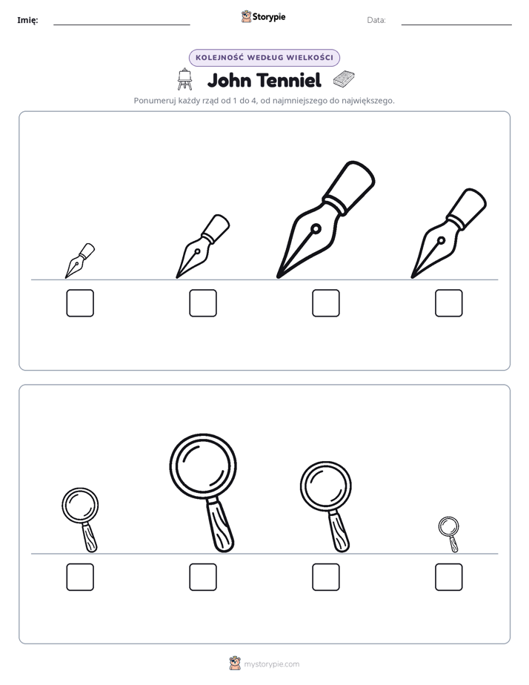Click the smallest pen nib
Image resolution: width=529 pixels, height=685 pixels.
[79, 261]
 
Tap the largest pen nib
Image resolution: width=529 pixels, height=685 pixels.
[325, 219]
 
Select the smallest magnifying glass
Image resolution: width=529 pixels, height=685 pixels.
[449, 534]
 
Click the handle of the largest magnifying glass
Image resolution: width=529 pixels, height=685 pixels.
[221, 526]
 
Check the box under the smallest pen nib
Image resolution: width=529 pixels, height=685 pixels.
[80, 302]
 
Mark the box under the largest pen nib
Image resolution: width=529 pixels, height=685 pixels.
[325, 302]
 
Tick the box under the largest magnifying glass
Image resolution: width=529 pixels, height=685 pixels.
[203, 577]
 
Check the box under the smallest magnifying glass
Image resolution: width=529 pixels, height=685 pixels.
[449, 577]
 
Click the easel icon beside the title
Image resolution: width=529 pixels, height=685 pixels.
[184, 79]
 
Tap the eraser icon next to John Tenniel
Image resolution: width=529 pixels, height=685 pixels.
[344, 79]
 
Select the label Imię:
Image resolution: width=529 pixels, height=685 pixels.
[27, 20]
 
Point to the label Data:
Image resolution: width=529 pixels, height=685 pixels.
[376, 20]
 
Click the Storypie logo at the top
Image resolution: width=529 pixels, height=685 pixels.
[264, 16]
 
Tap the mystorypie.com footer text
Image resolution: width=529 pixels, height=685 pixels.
[271, 664]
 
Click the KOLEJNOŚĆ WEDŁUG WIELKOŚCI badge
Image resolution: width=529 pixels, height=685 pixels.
[264, 58]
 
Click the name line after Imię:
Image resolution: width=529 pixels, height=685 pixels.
[122, 25]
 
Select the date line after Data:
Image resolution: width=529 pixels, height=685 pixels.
[456, 25]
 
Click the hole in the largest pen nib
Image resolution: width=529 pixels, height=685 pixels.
[316, 228]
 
